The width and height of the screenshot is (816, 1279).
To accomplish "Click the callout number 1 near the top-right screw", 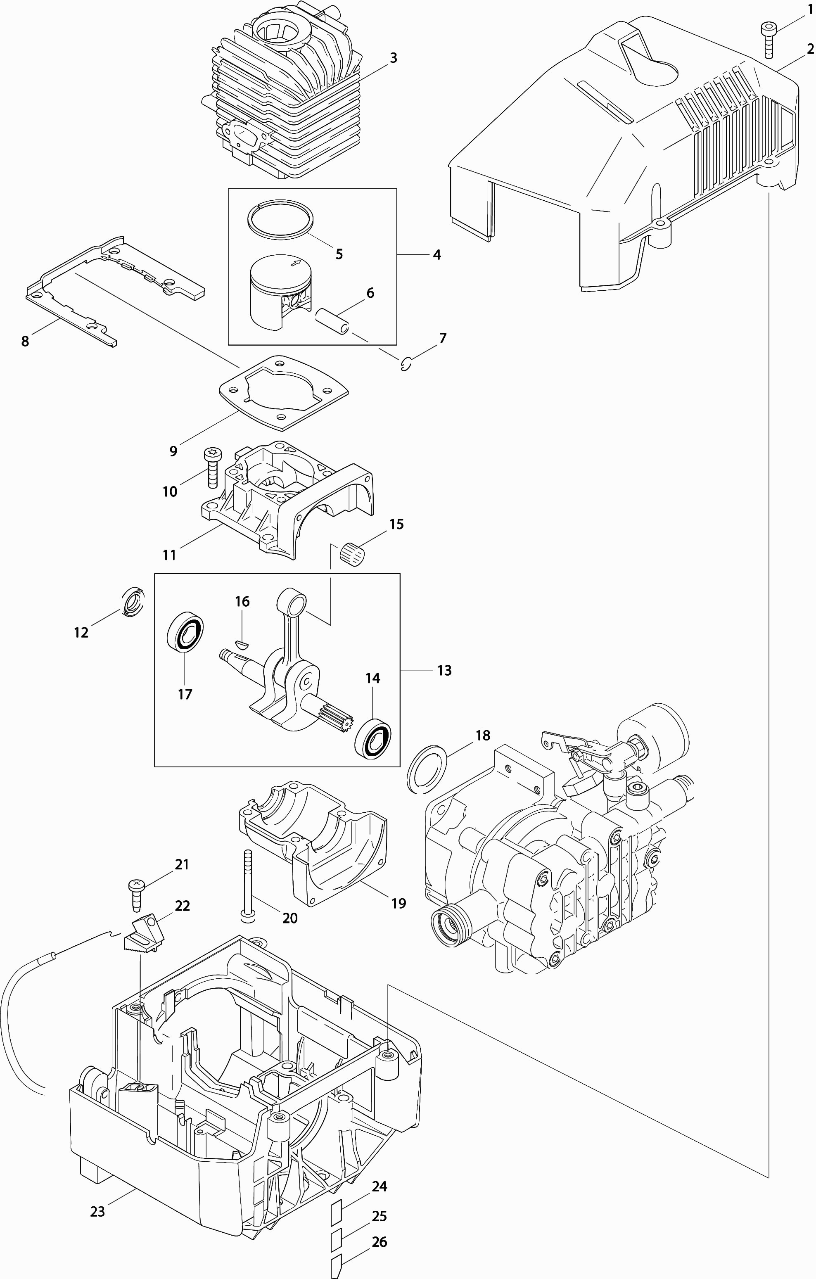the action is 810,9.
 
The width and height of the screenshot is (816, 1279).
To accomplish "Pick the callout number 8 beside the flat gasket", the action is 25,341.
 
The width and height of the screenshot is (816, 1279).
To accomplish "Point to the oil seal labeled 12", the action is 133,602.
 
